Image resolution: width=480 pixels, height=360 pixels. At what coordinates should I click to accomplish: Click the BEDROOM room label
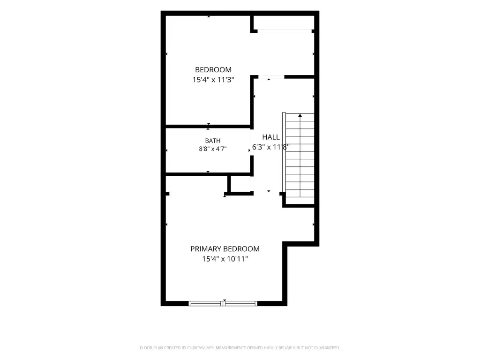(213, 70)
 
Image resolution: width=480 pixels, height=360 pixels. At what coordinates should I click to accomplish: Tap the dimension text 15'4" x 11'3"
(213, 80)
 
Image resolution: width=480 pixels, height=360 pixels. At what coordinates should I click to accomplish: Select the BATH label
(213, 141)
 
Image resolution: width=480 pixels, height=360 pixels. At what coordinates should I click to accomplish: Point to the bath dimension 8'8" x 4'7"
(213, 149)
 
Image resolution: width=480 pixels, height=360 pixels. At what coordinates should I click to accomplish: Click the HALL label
(271, 137)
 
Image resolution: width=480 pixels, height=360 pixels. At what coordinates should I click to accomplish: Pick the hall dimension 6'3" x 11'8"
(271, 147)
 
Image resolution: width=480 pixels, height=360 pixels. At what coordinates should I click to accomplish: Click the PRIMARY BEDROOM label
(225, 249)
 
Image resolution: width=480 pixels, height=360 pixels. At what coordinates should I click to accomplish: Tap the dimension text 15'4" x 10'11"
(225, 259)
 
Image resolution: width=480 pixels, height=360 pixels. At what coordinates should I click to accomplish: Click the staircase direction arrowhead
(300, 115)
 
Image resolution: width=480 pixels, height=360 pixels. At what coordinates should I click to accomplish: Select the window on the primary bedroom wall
(223, 303)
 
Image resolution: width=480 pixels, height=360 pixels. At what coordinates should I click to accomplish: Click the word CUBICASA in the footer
(197, 348)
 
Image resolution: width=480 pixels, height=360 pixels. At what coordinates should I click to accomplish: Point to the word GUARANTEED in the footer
(327, 348)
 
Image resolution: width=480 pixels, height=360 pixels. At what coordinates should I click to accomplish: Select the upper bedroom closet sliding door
(285, 31)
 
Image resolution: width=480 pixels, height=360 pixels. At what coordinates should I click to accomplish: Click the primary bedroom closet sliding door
(197, 192)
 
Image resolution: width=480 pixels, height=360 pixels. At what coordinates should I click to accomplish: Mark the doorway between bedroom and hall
(271, 76)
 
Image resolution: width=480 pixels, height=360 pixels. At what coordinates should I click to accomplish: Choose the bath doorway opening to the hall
(252, 142)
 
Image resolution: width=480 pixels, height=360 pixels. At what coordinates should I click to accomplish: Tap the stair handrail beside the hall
(284, 152)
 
